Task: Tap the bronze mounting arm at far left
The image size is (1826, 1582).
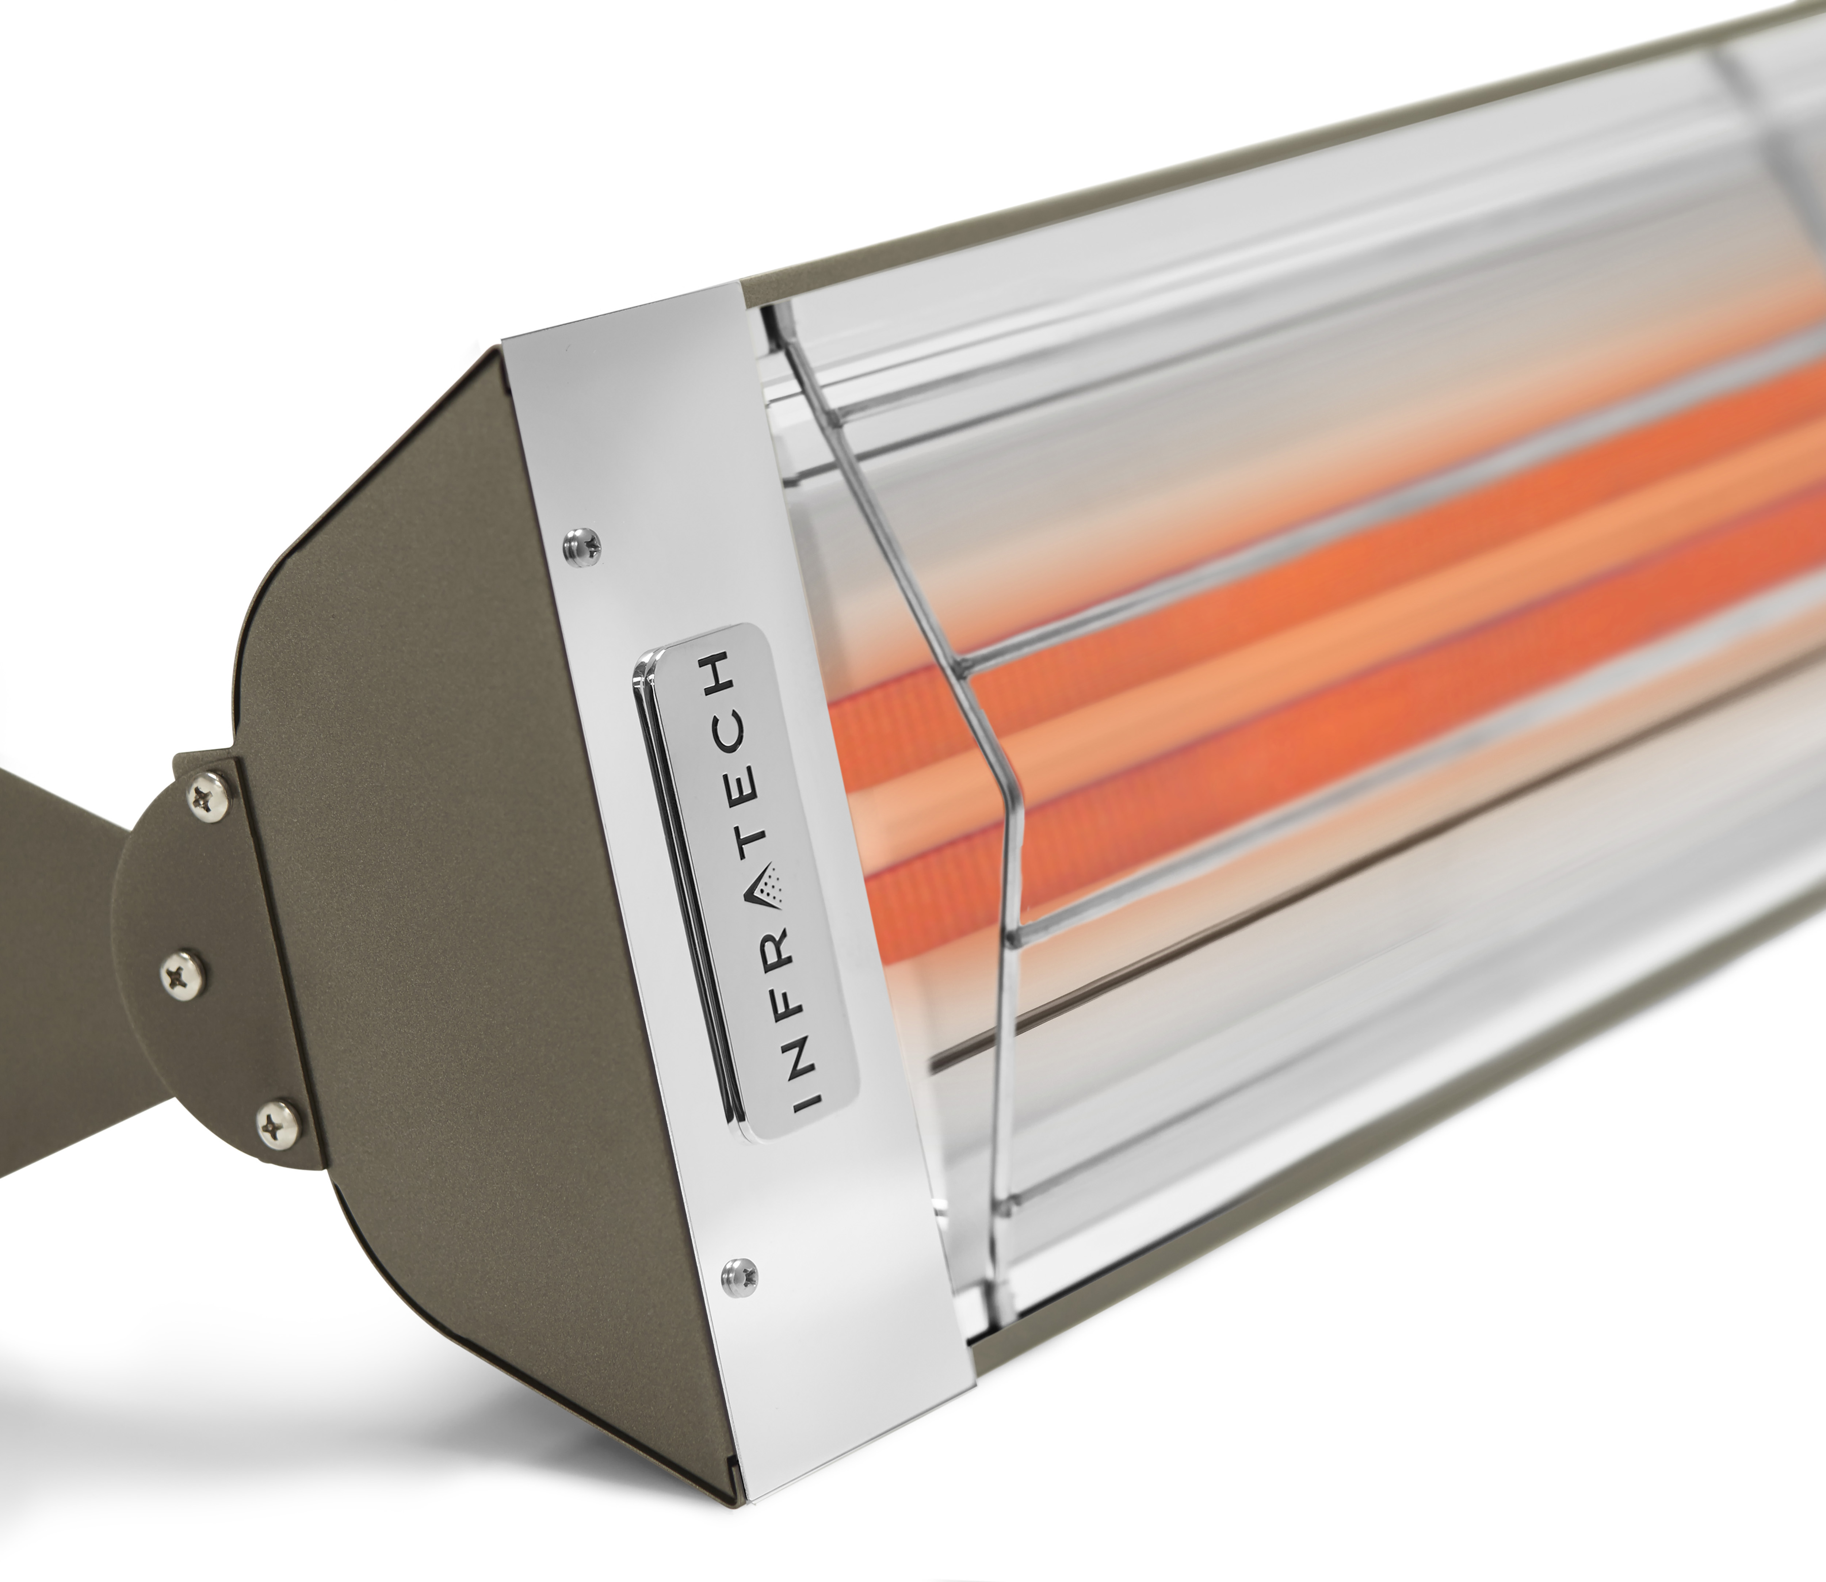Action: click(x=53, y=998)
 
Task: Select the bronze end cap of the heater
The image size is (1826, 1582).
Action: click(x=424, y=883)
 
